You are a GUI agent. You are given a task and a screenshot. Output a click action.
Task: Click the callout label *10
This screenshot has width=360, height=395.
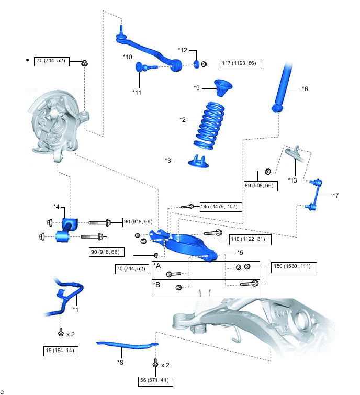point(127,56)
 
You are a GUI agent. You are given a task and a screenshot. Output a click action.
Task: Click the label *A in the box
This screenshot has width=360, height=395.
point(157,266)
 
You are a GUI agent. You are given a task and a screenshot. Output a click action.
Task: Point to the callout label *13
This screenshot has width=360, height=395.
point(292,180)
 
